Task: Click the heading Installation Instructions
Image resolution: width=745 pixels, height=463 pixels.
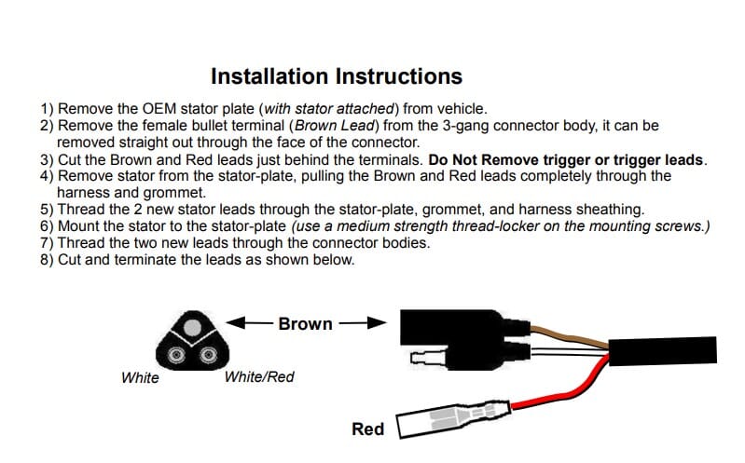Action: pos(337,76)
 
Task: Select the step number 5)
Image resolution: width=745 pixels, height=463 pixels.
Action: pos(47,210)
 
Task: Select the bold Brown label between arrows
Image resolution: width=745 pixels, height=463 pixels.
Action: pos(306,324)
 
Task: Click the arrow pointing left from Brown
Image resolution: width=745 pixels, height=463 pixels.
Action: pos(250,323)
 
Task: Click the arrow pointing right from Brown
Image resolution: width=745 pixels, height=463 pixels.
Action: pos(363,323)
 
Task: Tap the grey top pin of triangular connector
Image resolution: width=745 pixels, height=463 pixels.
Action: pos(192,327)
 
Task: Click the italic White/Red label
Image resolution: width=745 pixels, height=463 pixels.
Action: pos(259,377)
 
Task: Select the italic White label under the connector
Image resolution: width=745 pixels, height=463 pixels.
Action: pos(140,378)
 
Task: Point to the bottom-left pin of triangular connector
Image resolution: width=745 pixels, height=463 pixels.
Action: pos(176,354)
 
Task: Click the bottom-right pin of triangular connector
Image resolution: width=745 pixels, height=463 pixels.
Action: pos(208,354)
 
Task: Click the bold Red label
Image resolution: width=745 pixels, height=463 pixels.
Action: pos(367,429)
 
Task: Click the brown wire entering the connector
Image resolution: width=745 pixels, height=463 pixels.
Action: pos(569,336)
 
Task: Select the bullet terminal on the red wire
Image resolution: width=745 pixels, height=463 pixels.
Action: pos(454,419)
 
